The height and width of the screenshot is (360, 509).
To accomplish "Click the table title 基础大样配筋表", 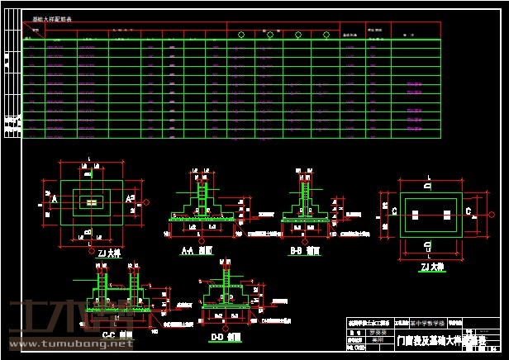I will [x=51, y=17].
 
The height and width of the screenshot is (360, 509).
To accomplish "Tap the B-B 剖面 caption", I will [x=305, y=249].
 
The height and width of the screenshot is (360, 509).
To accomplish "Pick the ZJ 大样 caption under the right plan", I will [x=432, y=267].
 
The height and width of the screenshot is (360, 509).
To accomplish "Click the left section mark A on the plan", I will [x=54, y=200].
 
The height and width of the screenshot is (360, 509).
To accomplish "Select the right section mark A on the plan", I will [x=128, y=200].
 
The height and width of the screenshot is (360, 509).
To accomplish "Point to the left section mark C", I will [x=395, y=211].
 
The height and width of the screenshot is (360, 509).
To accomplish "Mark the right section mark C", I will [x=469, y=211].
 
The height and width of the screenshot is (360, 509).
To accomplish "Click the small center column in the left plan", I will [x=91, y=201].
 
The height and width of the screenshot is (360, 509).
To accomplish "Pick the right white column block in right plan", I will [x=447, y=214].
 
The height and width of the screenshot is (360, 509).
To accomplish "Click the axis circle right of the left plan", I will [x=146, y=201].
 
